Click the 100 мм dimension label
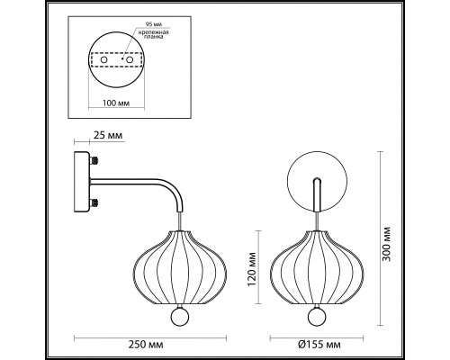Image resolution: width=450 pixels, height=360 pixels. pos(116,103)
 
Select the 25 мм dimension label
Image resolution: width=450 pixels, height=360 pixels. pos(108,135)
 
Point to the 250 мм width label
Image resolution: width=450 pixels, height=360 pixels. pos(146,345)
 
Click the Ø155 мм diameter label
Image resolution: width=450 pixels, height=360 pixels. pos(319,345)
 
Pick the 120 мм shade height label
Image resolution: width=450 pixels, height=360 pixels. pos(252,269)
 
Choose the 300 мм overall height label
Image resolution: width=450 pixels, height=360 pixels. pos(387,244)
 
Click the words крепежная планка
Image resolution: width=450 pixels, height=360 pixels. pos(153,34)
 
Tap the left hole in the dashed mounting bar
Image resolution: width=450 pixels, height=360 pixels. pos(103,60)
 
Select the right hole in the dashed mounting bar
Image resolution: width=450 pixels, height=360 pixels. pos(130,60)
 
